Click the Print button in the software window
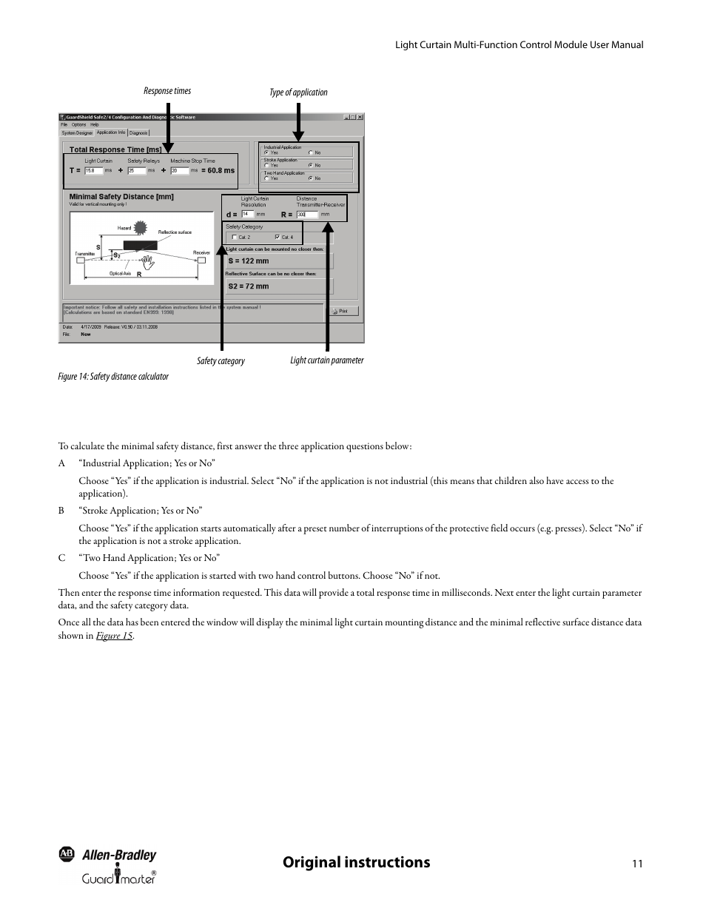click(344, 312)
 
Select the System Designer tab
click(77, 133)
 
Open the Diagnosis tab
click(138, 133)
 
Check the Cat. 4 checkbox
click(278, 238)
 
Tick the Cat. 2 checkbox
click(235, 238)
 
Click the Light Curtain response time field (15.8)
click(94, 170)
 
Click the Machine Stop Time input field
click(179, 170)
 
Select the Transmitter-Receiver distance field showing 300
click(306, 215)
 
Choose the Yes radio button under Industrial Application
click(266, 152)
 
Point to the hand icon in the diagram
click(148, 260)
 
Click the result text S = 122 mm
click(249, 261)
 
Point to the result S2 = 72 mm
click(249, 286)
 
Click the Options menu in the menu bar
click(78, 125)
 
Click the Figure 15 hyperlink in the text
click(114, 636)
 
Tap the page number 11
click(637, 864)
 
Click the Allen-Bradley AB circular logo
click(67, 854)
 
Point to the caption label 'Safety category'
click(221, 361)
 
